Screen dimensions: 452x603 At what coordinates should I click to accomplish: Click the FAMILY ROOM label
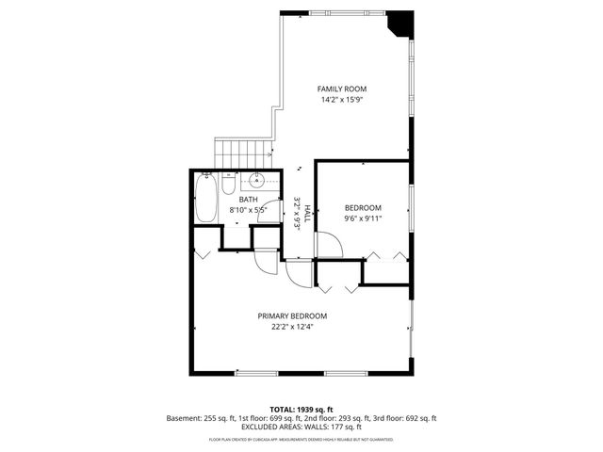pos(341,89)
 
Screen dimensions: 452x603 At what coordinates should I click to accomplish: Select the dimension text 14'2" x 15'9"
pos(341,100)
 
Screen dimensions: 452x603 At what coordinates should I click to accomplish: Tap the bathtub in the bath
pos(205,197)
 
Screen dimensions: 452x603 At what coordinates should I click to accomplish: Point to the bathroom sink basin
pos(258,182)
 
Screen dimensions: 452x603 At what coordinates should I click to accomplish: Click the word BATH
pos(248,200)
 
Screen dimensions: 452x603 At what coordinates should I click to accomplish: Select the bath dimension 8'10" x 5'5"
pos(248,210)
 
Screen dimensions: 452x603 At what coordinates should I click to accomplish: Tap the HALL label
pos(306,213)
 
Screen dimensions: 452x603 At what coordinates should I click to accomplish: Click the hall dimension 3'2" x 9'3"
pos(296,213)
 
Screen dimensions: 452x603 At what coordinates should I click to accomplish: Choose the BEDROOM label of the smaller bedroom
pos(363,208)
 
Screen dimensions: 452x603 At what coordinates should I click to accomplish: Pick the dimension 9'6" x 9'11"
pos(363,218)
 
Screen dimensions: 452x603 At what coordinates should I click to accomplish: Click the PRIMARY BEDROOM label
pos(292,316)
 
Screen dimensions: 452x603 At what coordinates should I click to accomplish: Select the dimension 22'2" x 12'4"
pos(292,327)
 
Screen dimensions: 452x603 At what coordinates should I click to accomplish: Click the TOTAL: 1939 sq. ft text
pos(301,410)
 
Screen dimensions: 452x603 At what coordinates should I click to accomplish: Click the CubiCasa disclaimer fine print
pos(301,439)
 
